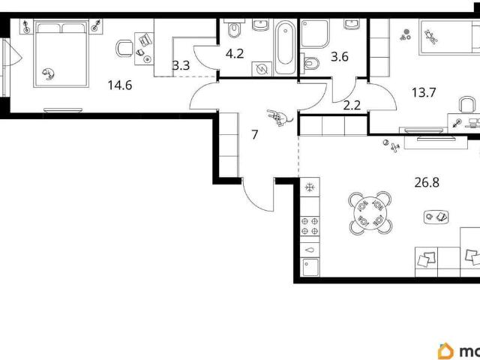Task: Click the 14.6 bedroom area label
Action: [x=120, y=85]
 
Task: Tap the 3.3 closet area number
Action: [x=181, y=65]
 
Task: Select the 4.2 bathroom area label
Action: [x=235, y=53]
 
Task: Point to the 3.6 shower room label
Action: [x=340, y=57]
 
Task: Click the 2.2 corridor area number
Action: [x=352, y=106]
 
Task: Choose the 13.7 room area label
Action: [x=423, y=92]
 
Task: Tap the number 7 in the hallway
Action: [x=255, y=134]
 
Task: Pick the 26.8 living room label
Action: [x=427, y=182]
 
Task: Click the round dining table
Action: [x=370, y=213]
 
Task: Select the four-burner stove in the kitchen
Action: [x=310, y=226]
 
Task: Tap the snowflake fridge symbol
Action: [x=310, y=187]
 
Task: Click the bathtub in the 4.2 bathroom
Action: [x=285, y=47]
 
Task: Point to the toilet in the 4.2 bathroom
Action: [x=235, y=28]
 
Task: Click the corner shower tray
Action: [x=315, y=34]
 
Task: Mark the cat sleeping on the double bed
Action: [x=48, y=73]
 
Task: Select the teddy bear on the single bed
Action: [x=430, y=37]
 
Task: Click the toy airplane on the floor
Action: [x=395, y=148]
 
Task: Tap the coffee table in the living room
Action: [x=436, y=217]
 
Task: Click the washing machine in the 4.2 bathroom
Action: [x=262, y=69]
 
